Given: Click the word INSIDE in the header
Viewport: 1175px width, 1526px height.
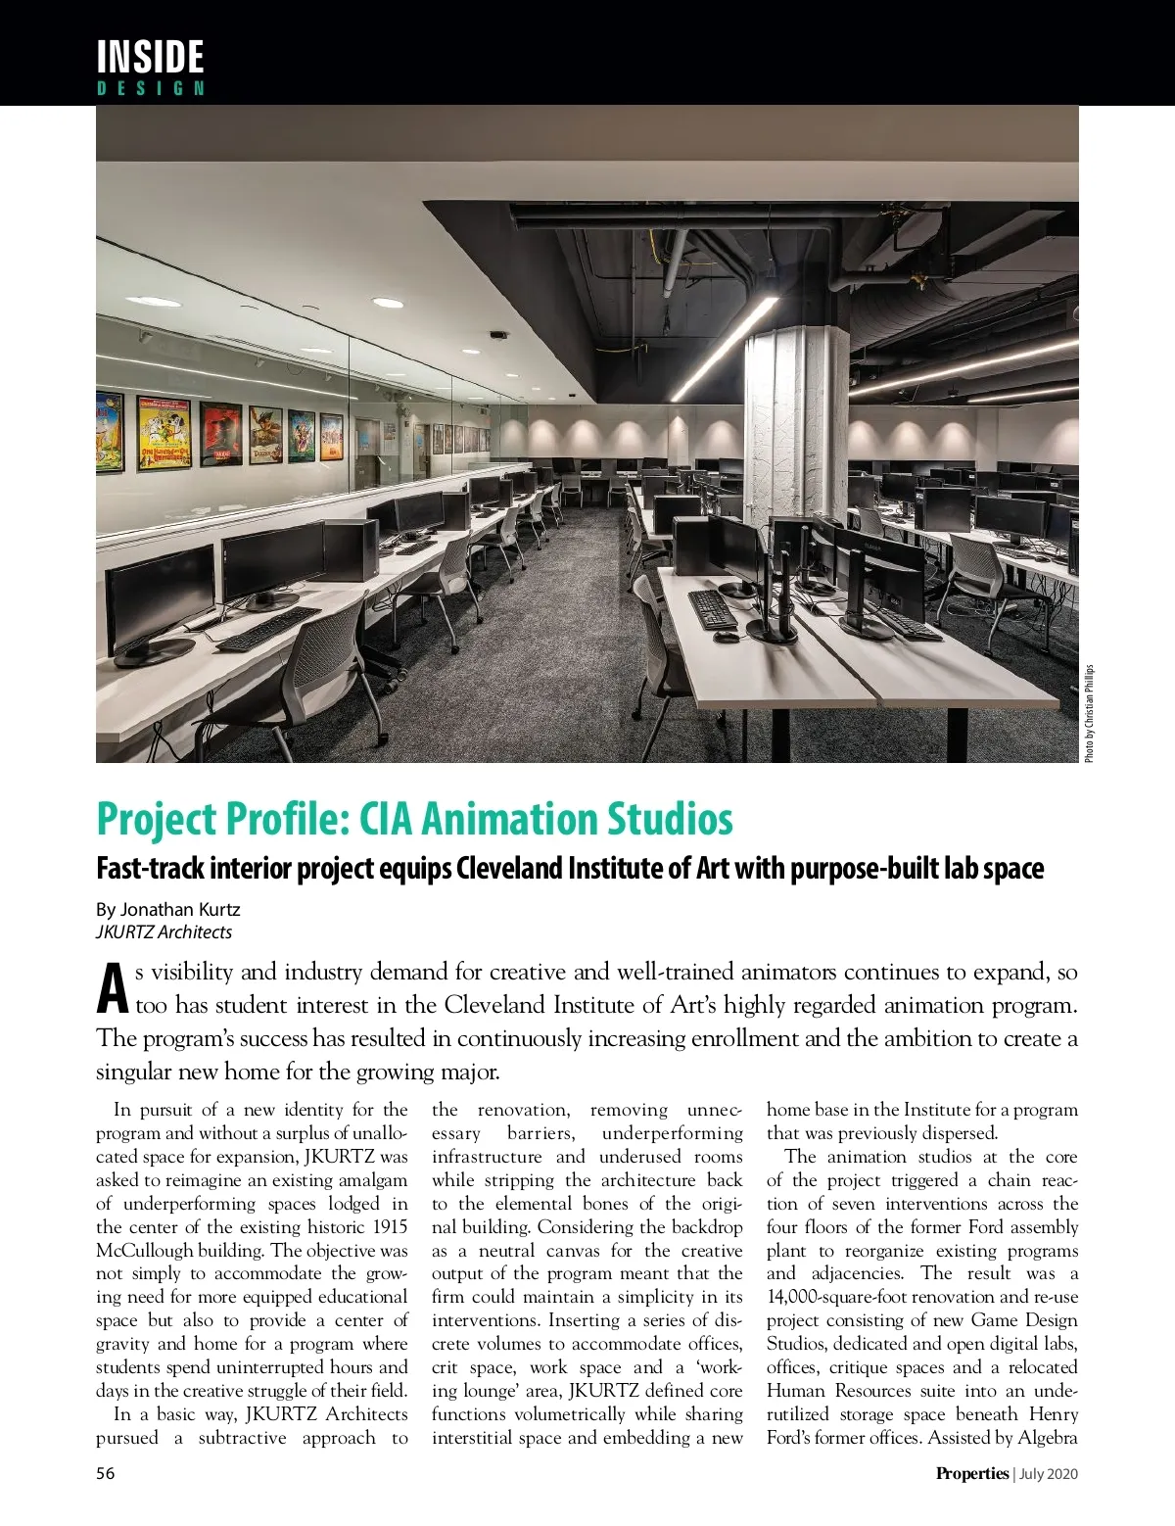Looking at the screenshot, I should coord(150,57).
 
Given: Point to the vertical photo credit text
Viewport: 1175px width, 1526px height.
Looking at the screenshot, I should coord(1089,713).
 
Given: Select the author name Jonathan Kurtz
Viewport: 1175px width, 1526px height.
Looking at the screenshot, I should coord(180,909).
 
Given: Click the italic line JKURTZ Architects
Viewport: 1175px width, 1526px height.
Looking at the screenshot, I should coord(164,931).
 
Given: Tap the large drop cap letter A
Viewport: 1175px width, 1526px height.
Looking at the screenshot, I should coord(113,989).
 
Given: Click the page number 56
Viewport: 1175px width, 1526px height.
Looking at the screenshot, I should coord(105,1473).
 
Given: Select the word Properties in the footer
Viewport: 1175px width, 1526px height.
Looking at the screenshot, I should coord(971,1473).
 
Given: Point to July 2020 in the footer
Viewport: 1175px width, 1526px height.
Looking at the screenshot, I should coord(1049,1473).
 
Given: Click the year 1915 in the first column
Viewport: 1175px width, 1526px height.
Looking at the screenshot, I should coord(388,1226).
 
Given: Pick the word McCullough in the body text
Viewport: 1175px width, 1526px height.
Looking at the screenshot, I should coord(144,1250).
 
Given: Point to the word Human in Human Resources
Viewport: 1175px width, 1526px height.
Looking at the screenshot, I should coord(796,1391).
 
